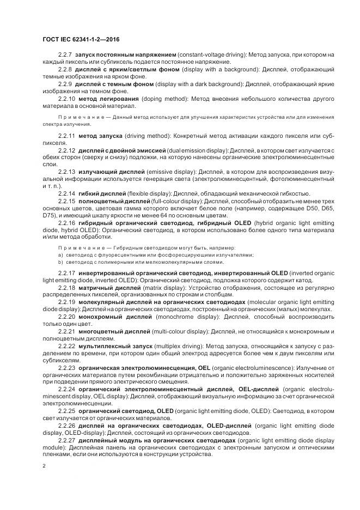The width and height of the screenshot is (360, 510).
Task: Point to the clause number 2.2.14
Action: point(67,193)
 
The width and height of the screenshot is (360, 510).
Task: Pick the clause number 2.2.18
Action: point(67,287)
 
